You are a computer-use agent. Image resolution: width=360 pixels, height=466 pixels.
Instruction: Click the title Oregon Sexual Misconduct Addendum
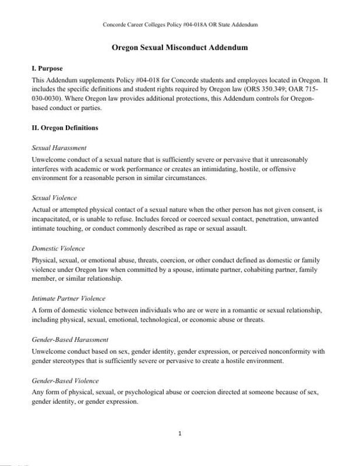coord(180,48)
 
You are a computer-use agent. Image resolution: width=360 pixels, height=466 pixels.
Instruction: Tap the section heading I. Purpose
coord(48,69)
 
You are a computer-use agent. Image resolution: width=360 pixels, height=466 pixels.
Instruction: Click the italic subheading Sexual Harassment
coord(59,148)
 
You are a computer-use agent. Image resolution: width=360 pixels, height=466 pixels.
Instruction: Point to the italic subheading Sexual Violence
coord(54,198)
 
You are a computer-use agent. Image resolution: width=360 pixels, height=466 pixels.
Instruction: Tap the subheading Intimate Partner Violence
coord(68,298)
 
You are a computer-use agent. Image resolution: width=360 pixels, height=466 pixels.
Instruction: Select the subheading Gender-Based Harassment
coord(70,339)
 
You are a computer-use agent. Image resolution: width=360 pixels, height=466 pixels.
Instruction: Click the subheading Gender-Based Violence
coord(65,380)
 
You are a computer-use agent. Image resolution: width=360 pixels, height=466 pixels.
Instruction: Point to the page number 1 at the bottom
coord(181,433)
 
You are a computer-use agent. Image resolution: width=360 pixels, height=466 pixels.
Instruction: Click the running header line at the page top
coord(180,24)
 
